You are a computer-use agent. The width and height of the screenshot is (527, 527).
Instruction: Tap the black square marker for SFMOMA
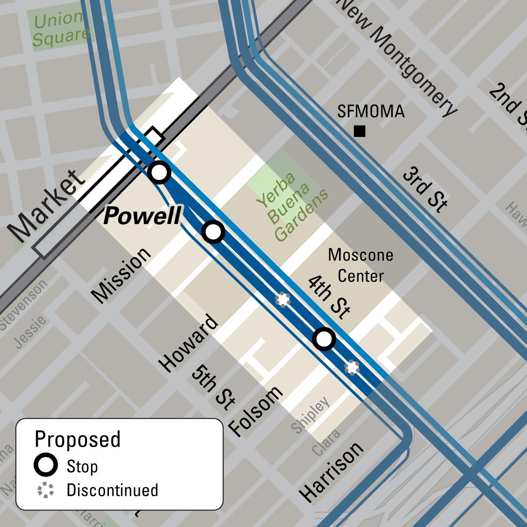tap(360, 131)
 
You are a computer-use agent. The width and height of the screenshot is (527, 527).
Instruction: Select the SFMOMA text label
tap(371, 112)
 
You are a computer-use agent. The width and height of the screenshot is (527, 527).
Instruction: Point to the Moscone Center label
tap(361, 265)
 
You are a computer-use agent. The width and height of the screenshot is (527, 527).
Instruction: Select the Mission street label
tap(121, 275)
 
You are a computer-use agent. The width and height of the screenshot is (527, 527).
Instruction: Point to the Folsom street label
tap(256, 411)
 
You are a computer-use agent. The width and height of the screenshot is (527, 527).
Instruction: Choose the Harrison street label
tap(332, 472)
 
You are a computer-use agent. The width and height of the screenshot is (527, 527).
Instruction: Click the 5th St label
tap(211, 386)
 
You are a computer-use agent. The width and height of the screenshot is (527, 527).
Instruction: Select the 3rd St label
tap(425, 189)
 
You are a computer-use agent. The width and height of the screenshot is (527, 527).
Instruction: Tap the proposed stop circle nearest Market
tap(159, 172)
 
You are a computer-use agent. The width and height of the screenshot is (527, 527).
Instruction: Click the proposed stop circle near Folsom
tap(324, 339)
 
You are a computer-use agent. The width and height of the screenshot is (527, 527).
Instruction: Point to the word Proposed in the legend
tap(77, 439)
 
